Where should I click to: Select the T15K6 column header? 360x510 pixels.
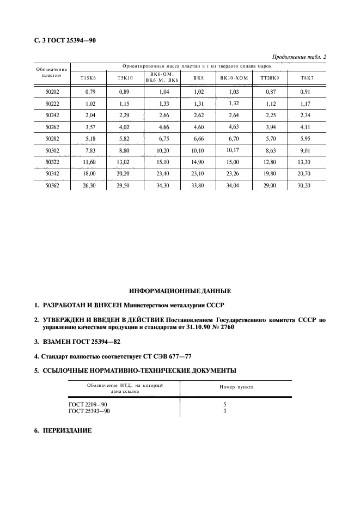(x=88, y=78)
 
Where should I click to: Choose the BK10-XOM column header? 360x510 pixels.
(x=234, y=78)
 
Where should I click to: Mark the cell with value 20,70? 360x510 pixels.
(x=306, y=173)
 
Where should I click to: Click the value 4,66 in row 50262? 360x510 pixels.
(x=162, y=127)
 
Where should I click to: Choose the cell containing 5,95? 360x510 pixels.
(x=306, y=138)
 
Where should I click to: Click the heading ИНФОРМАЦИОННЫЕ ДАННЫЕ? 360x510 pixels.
(x=180, y=291)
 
